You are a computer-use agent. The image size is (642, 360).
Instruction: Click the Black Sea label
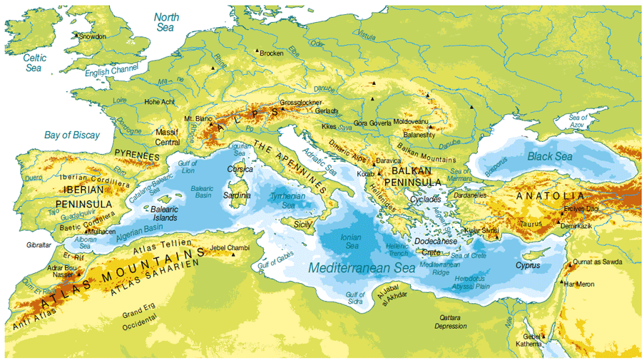[x=549, y=156]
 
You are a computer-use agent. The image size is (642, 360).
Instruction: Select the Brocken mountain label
[x=271, y=53]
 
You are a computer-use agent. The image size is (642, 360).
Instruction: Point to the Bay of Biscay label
[x=72, y=134]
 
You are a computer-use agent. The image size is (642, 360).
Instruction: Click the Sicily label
[x=304, y=223]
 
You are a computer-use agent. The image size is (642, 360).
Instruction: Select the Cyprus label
[x=529, y=265]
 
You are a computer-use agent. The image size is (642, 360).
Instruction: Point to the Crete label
[x=431, y=252]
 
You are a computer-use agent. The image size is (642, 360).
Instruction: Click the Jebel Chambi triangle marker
[x=233, y=254]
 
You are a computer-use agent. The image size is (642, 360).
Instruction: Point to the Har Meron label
[x=579, y=284]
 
